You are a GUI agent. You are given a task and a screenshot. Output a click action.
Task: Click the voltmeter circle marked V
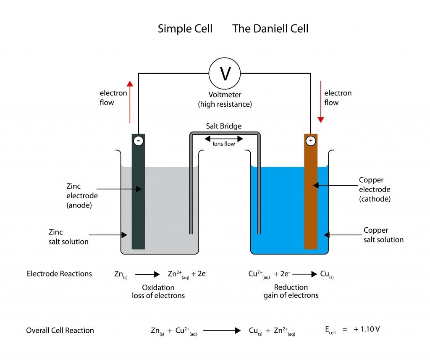(225, 74)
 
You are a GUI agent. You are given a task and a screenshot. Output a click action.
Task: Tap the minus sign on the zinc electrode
(138, 141)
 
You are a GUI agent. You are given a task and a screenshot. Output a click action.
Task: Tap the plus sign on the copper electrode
(311, 141)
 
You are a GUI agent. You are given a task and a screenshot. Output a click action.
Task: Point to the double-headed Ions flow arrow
(224, 139)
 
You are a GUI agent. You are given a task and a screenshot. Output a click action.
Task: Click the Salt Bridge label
(224, 126)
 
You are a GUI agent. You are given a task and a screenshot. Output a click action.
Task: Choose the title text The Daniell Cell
(270, 29)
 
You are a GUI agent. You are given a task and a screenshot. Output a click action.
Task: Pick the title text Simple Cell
(185, 29)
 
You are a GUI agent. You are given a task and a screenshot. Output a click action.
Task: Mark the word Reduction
(291, 287)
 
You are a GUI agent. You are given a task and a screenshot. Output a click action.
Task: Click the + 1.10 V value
(367, 329)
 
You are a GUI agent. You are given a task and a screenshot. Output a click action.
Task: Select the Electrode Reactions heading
(59, 274)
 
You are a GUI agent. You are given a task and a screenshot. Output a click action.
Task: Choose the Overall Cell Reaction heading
(60, 330)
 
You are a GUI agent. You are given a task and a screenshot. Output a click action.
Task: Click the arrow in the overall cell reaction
(222, 331)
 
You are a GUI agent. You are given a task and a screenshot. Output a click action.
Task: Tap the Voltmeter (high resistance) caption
(225, 100)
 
